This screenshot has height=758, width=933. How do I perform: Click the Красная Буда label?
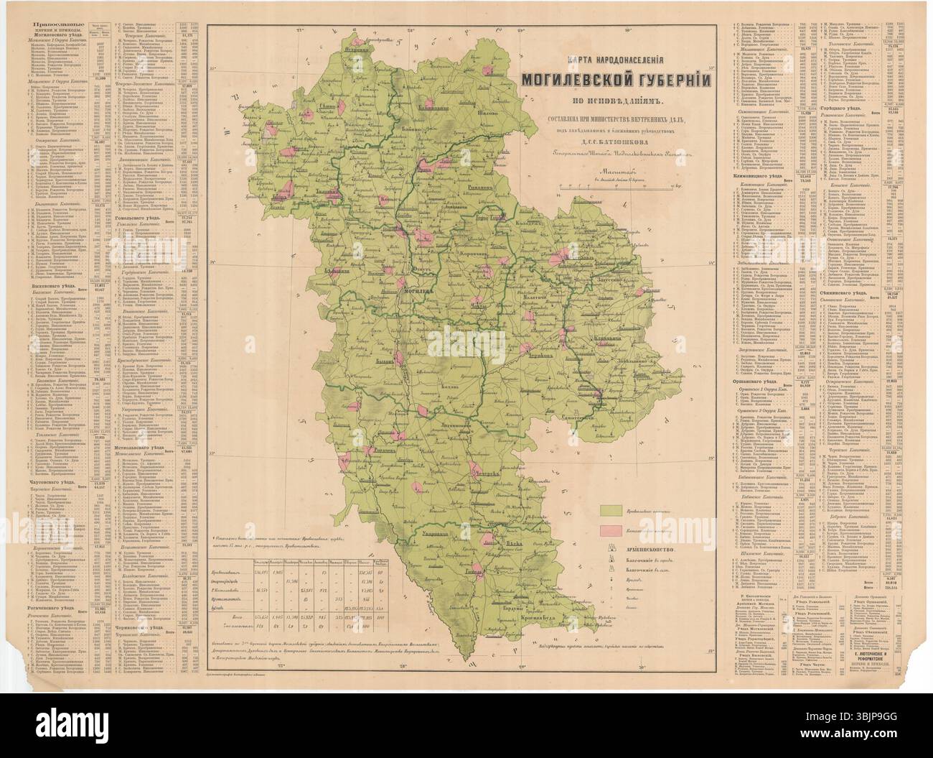point(545,627)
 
